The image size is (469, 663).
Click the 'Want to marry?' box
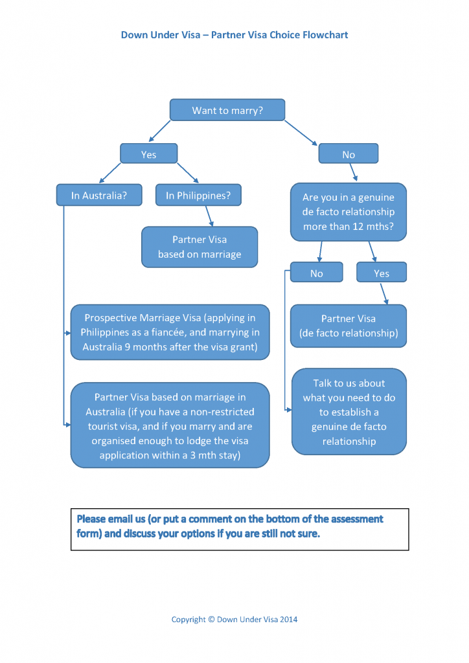point(227,111)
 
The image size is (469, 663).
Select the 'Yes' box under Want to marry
point(149,154)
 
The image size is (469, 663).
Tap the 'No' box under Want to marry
point(349,154)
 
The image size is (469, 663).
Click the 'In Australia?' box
point(99,196)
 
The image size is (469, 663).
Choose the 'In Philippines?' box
point(198,196)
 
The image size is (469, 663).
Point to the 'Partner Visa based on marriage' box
point(200,247)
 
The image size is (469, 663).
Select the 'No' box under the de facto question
point(316,273)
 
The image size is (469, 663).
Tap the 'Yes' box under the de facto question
point(382,273)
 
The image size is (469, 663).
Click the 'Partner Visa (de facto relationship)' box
point(349,326)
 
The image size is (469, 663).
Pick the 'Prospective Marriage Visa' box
point(170,332)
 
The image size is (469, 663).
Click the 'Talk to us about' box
point(349,412)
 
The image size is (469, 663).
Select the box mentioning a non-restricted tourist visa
point(170,425)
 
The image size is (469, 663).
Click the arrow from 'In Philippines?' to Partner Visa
point(209,216)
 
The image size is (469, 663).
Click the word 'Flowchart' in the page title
point(325,35)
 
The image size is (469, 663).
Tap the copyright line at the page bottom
point(234,619)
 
